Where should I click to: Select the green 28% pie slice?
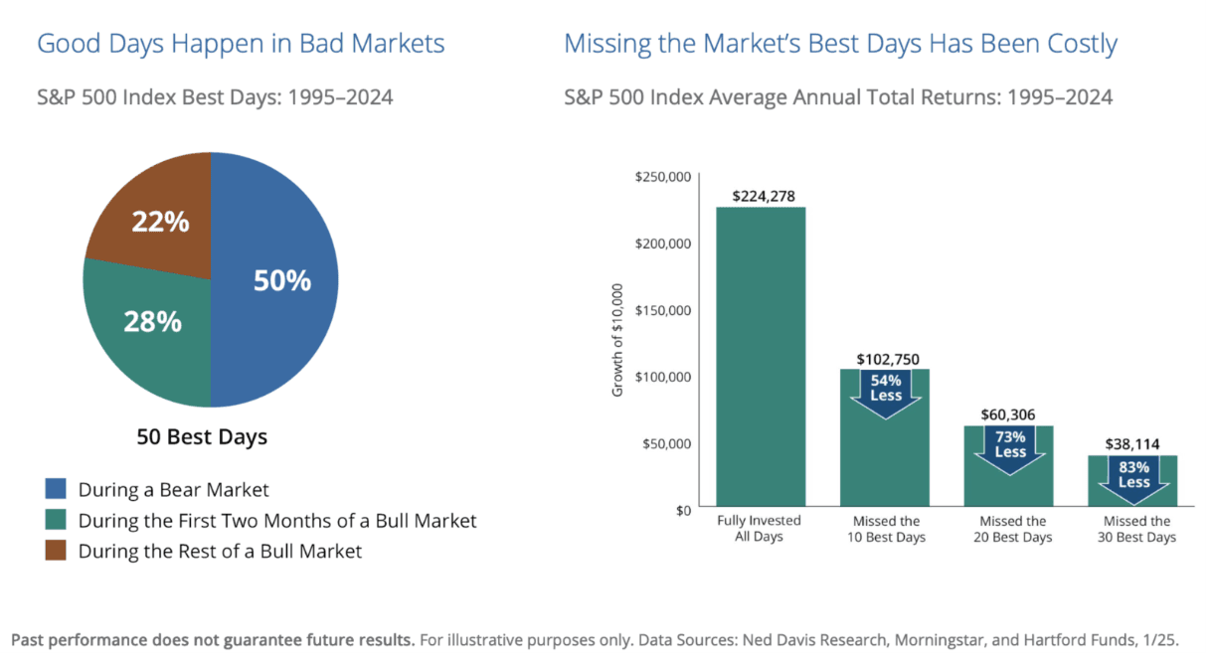pyautogui.click(x=149, y=328)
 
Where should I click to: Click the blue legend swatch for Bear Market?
pyautogui.click(x=56, y=489)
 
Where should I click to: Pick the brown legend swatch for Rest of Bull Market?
pyautogui.click(x=56, y=551)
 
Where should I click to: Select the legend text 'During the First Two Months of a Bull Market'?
pyautogui.click(x=277, y=520)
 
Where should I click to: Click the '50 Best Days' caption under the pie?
pyautogui.click(x=202, y=437)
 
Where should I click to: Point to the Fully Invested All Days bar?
pyautogui.click(x=761, y=358)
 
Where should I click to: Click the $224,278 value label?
pyautogui.click(x=762, y=196)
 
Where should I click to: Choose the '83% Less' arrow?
pyautogui.click(x=1132, y=476)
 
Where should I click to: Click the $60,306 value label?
pyautogui.click(x=1009, y=414)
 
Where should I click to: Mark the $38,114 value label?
pyautogui.click(x=1132, y=444)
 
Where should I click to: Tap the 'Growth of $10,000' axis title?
pyautogui.click(x=617, y=341)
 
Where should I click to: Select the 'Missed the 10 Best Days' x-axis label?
pyautogui.click(x=885, y=529)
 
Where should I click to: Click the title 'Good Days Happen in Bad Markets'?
pyautogui.click(x=241, y=44)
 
